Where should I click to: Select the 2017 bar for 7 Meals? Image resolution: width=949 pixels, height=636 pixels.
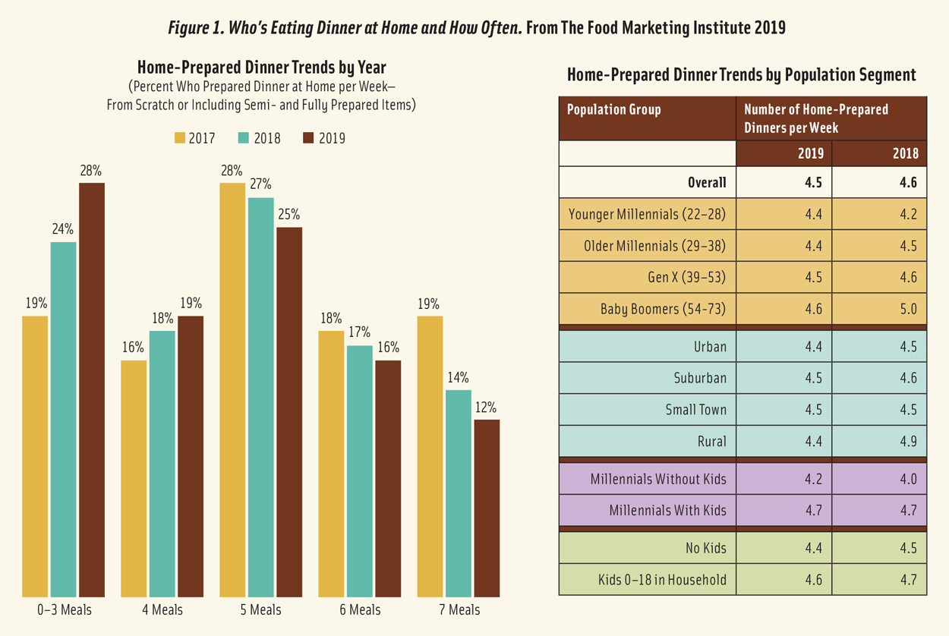pos(430,456)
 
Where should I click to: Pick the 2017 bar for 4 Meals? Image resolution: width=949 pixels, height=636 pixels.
pos(134,478)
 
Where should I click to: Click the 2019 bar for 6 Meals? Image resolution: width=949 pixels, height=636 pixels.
pos(388,478)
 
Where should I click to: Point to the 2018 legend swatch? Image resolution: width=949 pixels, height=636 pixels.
pos(244,138)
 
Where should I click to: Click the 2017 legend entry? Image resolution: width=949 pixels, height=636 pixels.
pos(195,138)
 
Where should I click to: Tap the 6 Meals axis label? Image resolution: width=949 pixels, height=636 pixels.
pos(360,609)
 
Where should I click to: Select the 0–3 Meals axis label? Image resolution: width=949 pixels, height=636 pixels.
pos(64,609)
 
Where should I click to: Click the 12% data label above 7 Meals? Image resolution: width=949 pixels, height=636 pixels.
pos(487,408)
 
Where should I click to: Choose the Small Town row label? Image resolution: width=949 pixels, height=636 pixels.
pos(695,410)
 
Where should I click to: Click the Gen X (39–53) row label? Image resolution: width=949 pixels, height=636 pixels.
pos(686,277)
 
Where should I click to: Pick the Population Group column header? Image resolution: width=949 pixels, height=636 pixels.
pos(613,109)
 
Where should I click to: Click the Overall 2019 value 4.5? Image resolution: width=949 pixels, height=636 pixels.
pos(812,182)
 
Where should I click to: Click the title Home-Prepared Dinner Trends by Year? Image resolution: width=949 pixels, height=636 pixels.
pos(261,68)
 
